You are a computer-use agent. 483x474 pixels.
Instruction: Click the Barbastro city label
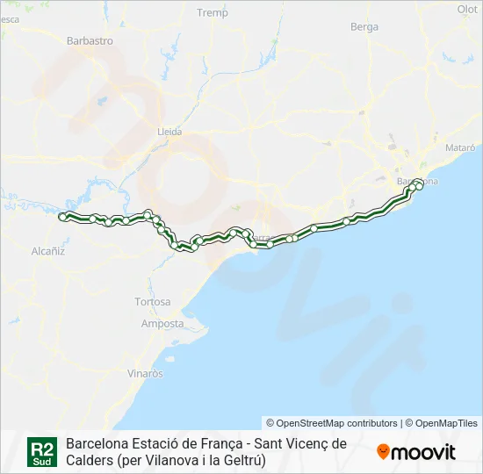point(90,40)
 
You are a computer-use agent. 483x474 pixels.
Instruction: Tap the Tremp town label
point(213,13)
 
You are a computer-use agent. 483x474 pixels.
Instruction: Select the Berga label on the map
point(364,27)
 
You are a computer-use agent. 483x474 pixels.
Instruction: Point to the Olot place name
point(467,9)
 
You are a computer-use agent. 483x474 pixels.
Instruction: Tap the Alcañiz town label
point(48,250)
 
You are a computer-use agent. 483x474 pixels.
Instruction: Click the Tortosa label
point(153,302)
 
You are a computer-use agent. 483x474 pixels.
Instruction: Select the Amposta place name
point(162,324)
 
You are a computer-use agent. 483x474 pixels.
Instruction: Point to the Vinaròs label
point(146,373)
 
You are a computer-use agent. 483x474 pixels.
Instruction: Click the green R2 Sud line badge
point(42,451)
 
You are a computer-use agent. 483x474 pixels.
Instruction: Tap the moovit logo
point(416,452)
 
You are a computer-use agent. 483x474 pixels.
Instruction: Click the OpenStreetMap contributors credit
point(332,423)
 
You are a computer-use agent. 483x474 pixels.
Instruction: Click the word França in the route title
point(223,443)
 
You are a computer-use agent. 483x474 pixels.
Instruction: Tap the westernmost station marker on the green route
point(61,216)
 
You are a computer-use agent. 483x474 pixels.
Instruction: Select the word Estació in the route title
point(157,443)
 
